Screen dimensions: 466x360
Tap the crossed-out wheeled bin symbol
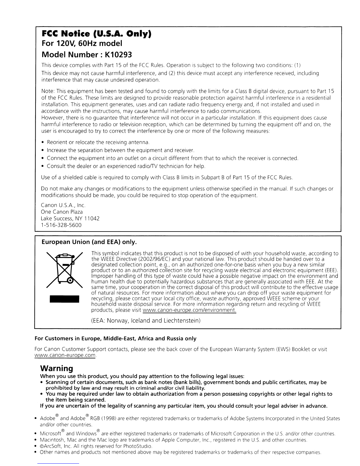coord(65,269)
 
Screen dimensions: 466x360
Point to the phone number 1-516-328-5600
coord(61,225)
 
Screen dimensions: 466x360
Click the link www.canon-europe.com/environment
coord(189,311)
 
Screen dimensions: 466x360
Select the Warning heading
coord(56,368)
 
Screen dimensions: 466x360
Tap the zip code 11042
coord(92,219)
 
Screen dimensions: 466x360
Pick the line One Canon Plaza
coord(62,212)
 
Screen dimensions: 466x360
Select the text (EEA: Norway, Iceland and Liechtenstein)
coord(146,320)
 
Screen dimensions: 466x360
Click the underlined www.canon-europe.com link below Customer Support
coord(65,356)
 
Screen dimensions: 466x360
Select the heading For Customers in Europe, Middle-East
coord(115,339)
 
